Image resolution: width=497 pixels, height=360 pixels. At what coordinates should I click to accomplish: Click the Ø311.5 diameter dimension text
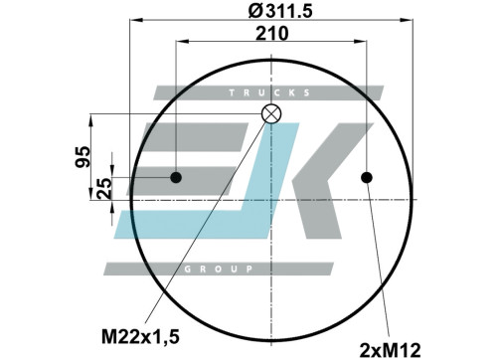[280, 12]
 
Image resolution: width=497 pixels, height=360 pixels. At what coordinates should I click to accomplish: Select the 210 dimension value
[272, 33]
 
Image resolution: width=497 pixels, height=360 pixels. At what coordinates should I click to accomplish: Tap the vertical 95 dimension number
[83, 157]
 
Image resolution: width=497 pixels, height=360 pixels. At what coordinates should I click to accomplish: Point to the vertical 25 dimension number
[104, 188]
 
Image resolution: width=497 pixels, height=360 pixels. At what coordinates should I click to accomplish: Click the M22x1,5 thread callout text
[140, 337]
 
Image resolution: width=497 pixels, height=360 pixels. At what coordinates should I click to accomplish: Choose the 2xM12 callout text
[390, 350]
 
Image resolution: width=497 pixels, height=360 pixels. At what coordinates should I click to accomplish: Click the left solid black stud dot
[176, 177]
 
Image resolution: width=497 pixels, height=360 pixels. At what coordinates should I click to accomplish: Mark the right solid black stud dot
[367, 177]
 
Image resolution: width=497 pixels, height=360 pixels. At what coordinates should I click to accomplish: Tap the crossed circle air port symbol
[271, 113]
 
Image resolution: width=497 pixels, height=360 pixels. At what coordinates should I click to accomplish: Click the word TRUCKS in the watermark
[269, 92]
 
